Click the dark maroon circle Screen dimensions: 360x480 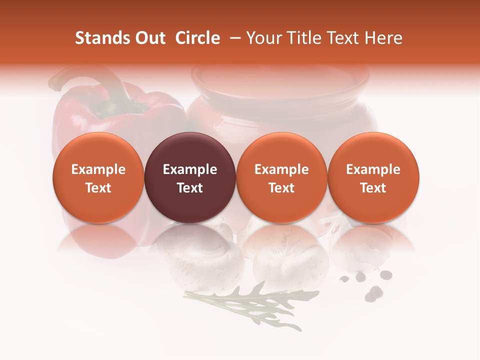(x=190, y=177)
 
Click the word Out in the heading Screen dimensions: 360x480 (x=149, y=38)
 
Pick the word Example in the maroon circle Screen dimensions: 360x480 (x=190, y=169)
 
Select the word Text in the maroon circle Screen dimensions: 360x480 (x=190, y=188)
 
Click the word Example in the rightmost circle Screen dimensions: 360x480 (x=373, y=169)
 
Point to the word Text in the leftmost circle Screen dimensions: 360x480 (x=98, y=188)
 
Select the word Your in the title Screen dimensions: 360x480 (x=263, y=38)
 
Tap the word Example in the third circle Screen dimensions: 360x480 (x=281, y=169)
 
